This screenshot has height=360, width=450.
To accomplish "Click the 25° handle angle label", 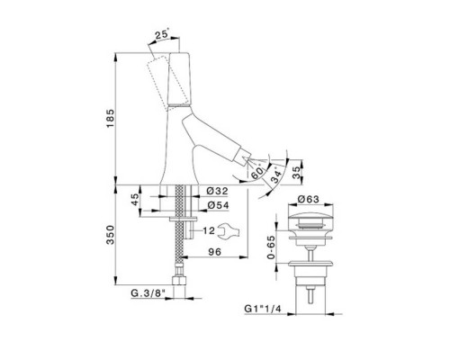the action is pyautogui.click(x=162, y=34).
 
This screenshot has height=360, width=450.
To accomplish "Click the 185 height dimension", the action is pyautogui.click(x=111, y=118).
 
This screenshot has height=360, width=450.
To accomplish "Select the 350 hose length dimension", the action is pyautogui.click(x=111, y=235).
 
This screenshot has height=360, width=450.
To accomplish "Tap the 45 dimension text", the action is pyautogui.click(x=135, y=200).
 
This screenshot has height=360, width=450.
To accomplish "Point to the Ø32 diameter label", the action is pyautogui.click(x=218, y=191).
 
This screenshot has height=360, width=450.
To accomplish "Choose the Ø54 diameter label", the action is pyautogui.click(x=218, y=205).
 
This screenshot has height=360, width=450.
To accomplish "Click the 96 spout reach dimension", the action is pyautogui.click(x=215, y=252).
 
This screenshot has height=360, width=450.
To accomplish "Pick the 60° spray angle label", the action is pyautogui.click(x=258, y=172).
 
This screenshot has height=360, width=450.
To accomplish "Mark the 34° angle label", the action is pyautogui.click(x=276, y=176).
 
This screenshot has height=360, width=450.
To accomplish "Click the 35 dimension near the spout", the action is pyautogui.click(x=297, y=173).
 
